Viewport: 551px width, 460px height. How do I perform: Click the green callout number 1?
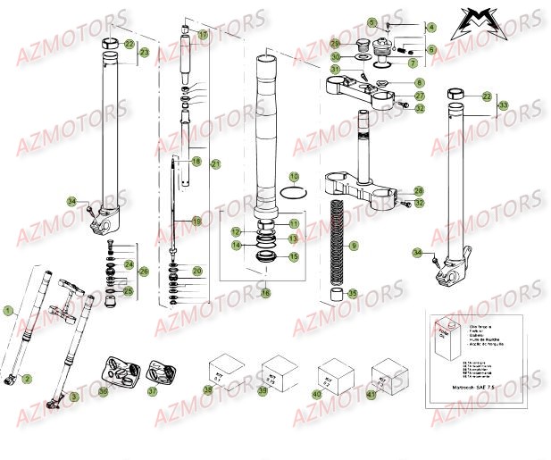tap(8, 312)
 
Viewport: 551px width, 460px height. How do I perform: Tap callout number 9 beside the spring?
tap(354, 245)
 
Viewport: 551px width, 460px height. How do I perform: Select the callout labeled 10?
tap(295, 177)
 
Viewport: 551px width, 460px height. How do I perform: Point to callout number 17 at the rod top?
tap(203, 35)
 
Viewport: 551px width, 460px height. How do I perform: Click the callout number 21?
tap(214, 164)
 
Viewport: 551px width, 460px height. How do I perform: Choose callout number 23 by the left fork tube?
tap(144, 54)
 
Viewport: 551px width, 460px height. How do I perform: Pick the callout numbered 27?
tap(420, 95)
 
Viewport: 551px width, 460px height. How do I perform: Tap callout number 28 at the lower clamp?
tap(419, 191)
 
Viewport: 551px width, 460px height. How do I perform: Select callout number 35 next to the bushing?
tap(353, 292)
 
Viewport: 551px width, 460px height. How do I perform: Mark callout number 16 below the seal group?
tap(264, 292)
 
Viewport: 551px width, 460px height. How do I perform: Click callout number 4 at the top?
tap(430, 28)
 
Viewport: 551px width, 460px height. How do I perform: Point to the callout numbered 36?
tap(104, 390)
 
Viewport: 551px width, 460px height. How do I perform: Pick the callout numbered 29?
tap(335, 43)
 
